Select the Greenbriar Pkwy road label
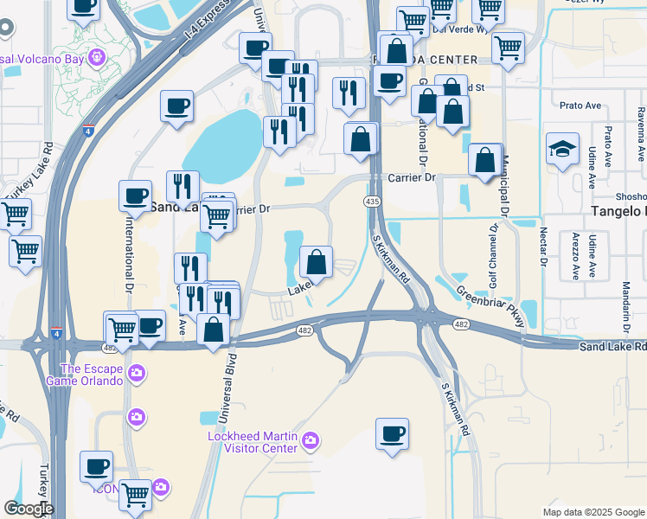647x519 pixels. [x=490, y=306]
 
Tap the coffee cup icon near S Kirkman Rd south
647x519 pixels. [x=392, y=433]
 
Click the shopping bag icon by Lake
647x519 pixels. [x=317, y=262]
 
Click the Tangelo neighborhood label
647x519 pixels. [x=618, y=212]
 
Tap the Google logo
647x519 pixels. [x=29, y=509]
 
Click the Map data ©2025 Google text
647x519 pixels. [x=593, y=512]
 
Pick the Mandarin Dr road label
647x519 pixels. [x=625, y=308]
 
